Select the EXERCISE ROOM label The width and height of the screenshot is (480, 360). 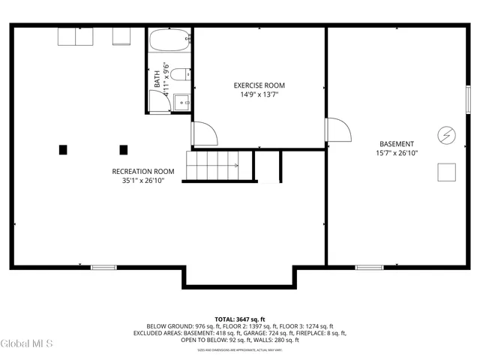[x=259, y=85]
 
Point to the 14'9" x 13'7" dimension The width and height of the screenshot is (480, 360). [x=259, y=95]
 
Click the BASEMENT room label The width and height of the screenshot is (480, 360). [x=396, y=143]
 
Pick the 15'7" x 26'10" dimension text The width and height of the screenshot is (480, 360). [x=396, y=153]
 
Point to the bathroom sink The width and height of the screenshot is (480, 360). [x=159, y=103]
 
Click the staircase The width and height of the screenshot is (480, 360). [x=213, y=165]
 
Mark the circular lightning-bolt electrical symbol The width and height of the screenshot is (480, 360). [x=446, y=133]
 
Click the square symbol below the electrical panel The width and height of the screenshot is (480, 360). [x=447, y=172]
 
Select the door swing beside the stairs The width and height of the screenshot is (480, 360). [x=204, y=133]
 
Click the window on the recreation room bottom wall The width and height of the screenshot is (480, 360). [x=103, y=267]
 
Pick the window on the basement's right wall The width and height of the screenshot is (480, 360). [x=469, y=99]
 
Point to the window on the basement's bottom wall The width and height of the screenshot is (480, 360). [x=369, y=267]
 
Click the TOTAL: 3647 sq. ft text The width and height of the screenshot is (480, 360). [x=240, y=319]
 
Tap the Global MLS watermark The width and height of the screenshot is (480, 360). [x=27, y=344]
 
